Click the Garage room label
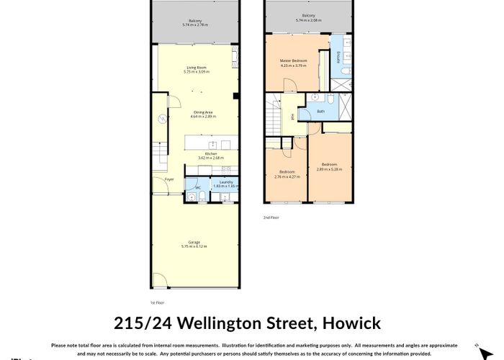(x=194, y=242)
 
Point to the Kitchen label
(x=211, y=153)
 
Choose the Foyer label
(x=169, y=179)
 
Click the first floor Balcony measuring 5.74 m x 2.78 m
(x=195, y=21)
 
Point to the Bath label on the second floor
(x=321, y=111)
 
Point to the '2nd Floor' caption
(x=271, y=217)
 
